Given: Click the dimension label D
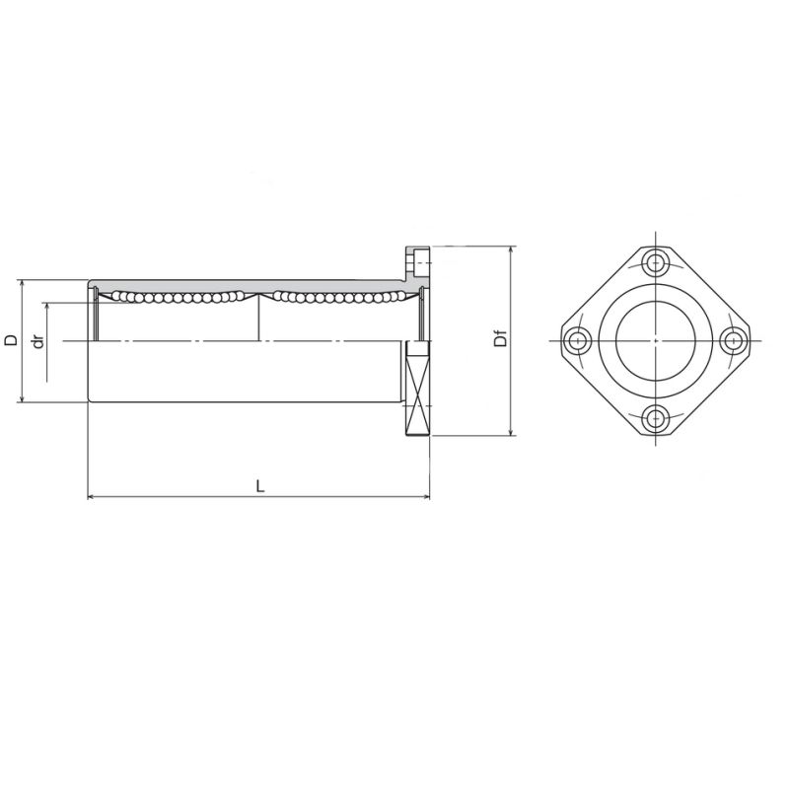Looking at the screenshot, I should coord(11,340).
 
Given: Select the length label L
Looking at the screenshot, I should coord(259,485).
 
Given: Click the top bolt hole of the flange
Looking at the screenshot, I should coord(654,262).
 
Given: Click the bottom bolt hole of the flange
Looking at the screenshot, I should coord(654,418).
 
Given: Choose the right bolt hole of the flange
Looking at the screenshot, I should coord(731,340).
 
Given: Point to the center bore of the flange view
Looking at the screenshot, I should coord(654,340).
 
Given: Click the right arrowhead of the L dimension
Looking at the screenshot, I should coord(426,496).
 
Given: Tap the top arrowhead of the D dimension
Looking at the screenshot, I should coord(21,284).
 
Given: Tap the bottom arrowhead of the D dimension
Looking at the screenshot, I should coord(21,398).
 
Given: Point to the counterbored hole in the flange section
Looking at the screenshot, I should coord(419,263).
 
